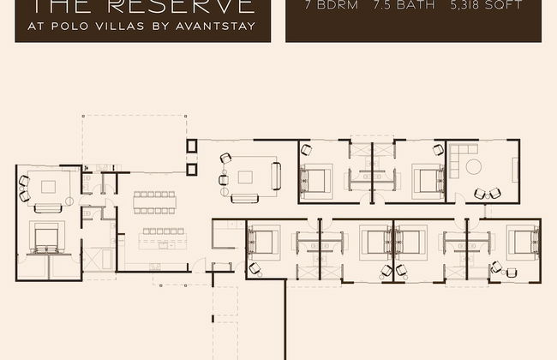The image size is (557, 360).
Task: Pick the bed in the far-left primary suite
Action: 45,237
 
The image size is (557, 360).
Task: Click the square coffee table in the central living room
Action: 246,177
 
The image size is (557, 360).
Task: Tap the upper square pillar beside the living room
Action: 192,146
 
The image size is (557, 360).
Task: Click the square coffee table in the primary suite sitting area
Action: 45,184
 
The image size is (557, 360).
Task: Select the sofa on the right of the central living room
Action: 276,176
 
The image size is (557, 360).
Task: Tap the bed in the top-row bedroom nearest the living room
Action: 315,180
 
